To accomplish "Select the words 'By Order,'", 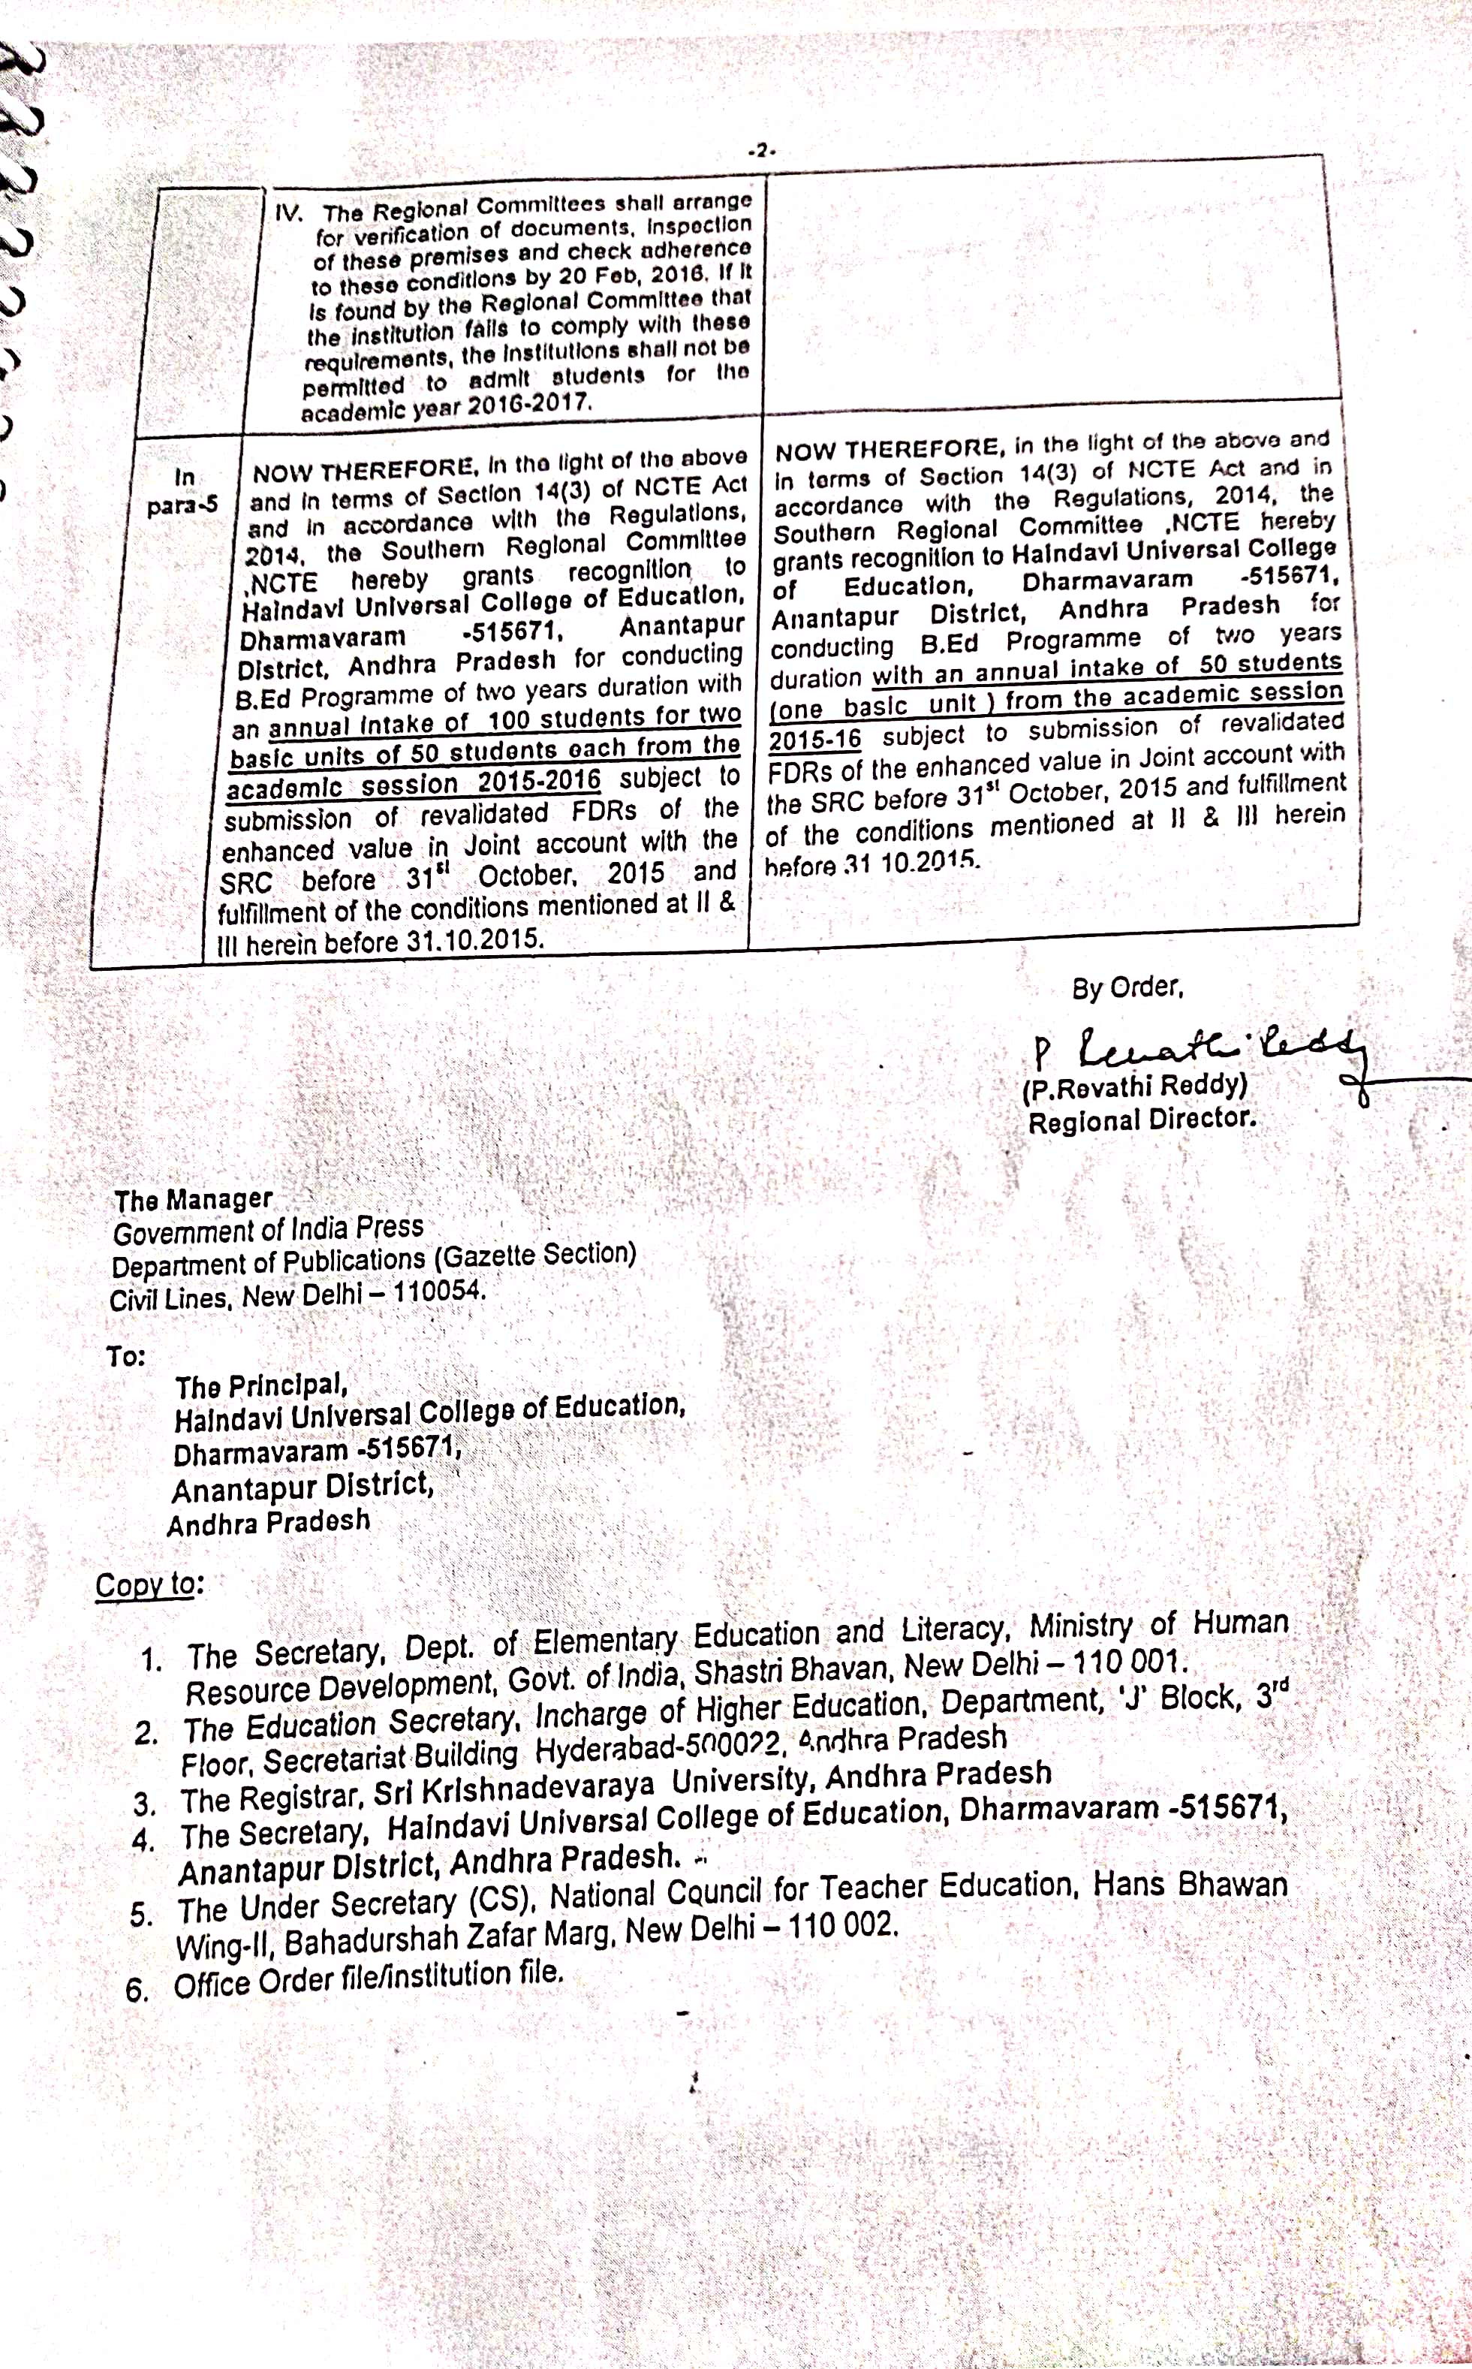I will pos(1127,987).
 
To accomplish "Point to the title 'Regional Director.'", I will pos(1141,1120).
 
